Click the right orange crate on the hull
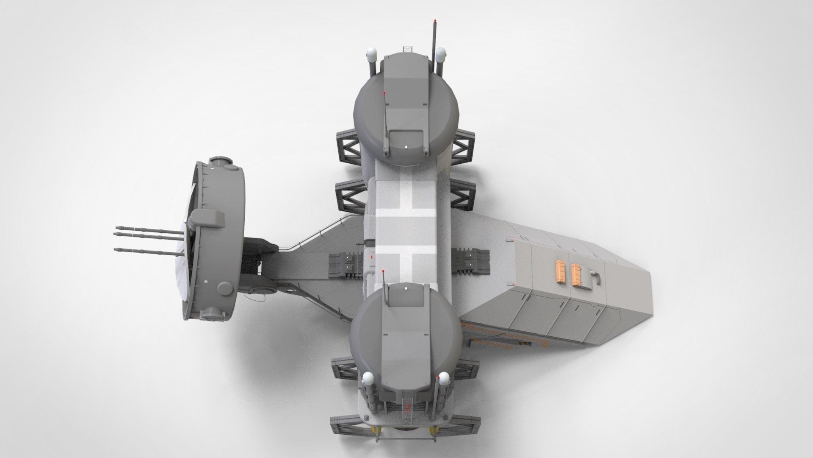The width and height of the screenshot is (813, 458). click(576, 275)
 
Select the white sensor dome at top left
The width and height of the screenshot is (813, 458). click(371, 54)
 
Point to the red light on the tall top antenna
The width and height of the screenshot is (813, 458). click(435, 21)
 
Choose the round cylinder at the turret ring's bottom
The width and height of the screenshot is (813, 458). click(224, 289)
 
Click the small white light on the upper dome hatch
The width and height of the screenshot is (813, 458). click(406, 147)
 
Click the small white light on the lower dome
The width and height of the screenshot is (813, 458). click(407, 288)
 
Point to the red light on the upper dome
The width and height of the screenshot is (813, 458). click(384, 92)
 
